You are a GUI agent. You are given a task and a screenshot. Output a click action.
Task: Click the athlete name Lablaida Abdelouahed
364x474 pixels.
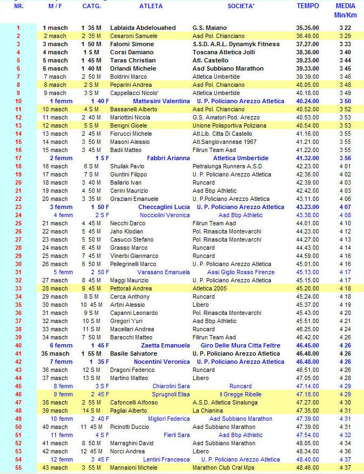(143, 28)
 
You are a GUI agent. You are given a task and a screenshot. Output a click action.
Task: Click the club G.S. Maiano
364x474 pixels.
(210, 28)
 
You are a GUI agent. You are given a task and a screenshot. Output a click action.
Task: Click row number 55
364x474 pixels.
(18, 467)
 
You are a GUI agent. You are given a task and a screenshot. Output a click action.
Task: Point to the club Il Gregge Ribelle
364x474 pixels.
(241, 394)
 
